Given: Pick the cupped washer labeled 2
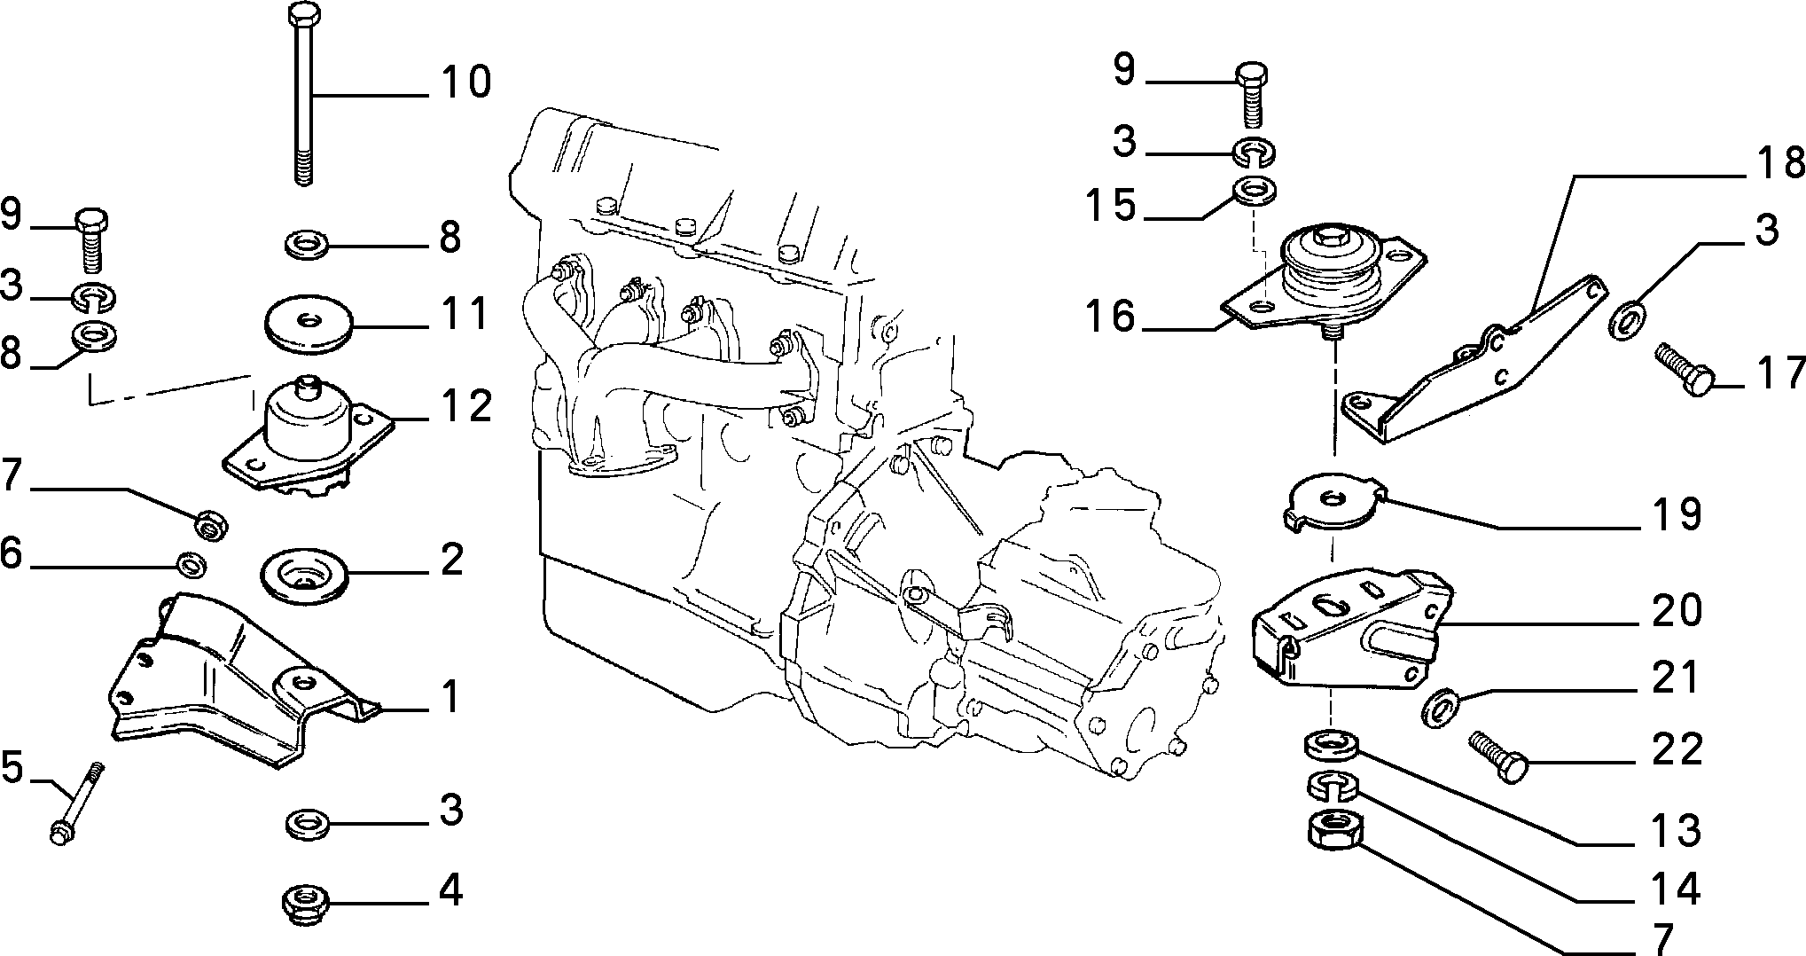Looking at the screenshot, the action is pos(305,576).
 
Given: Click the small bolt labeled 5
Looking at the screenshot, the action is pos(76,803).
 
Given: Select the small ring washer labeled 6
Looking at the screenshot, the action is pos(192,564).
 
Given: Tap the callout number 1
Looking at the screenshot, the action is pos(451,698).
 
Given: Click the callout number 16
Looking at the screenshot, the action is pos(1110,317).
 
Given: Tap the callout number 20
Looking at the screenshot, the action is pos(1677,611).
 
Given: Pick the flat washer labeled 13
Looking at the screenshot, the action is pos(1331,745).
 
